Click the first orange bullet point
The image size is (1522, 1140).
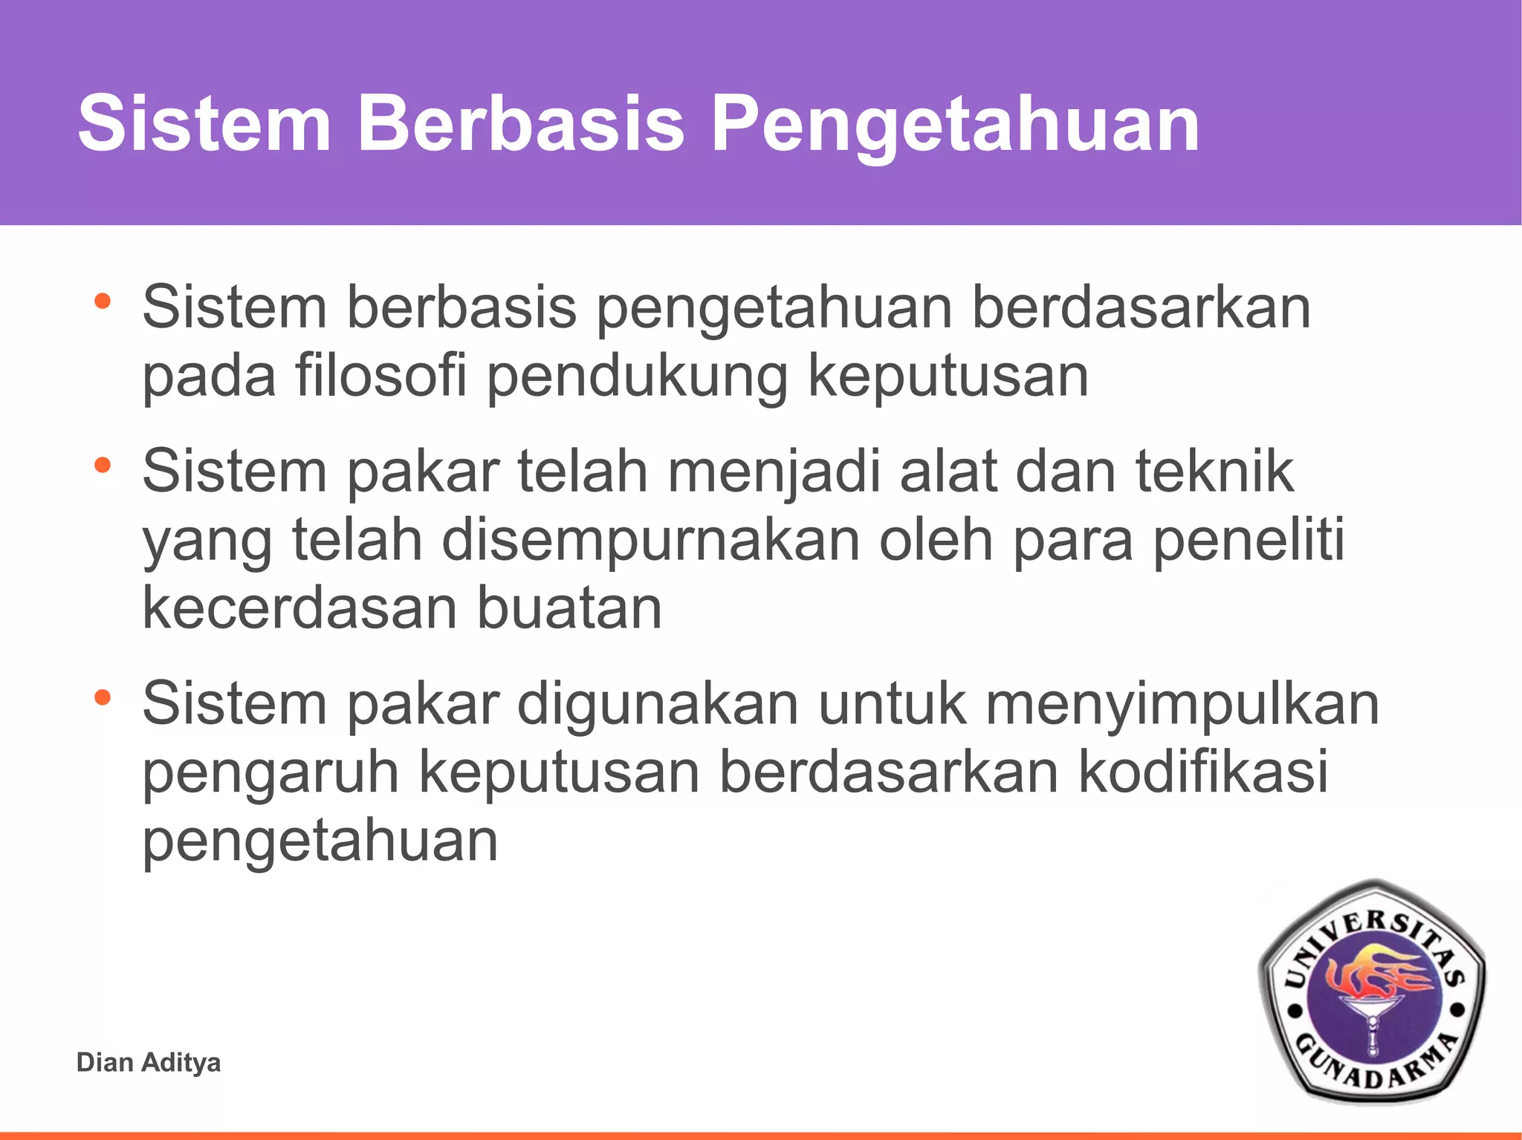pyautogui.click(x=103, y=302)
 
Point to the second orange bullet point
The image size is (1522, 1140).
pyautogui.click(x=103, y=466)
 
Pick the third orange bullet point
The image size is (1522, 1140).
pyautogui.click(x=103, y=698)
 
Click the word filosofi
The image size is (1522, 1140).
pyautogui.click(x=380, y=375)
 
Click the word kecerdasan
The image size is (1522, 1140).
pyautogui.click(x=299, y=608)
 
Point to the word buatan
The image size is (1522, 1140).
pyautogui.click(x=569, y=608)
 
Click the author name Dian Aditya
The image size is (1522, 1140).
pyautogui.click(x=149, y=1063)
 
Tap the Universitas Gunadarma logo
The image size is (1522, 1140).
pyautogui.click(x=1372, y=991)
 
